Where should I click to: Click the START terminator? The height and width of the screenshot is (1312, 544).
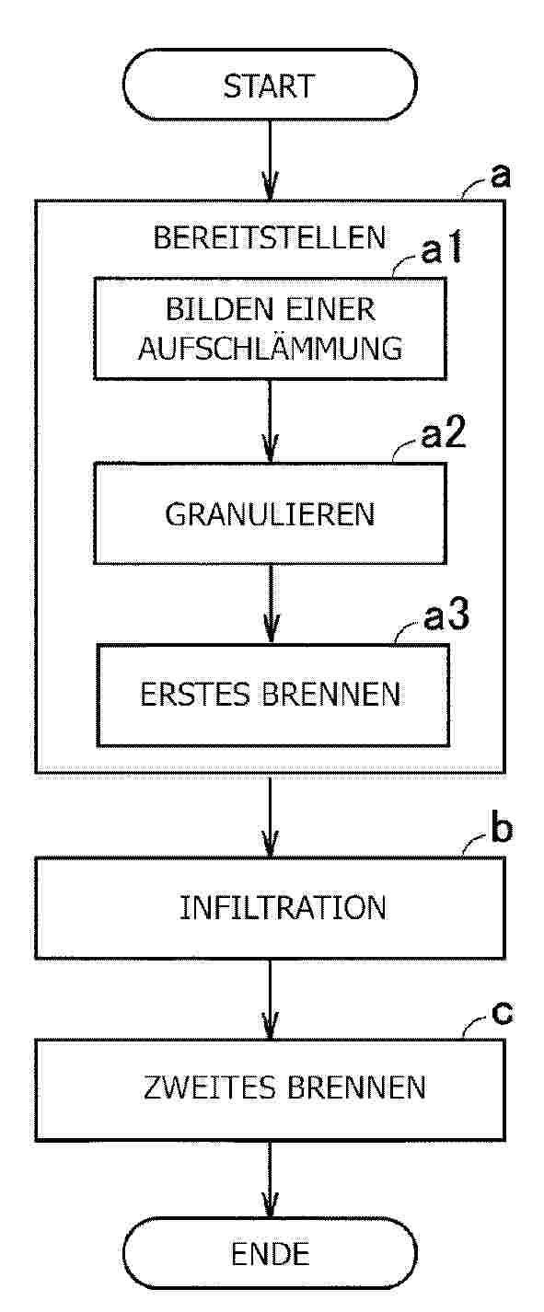click(270, 85)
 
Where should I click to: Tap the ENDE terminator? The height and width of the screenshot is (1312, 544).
click(270, 1254)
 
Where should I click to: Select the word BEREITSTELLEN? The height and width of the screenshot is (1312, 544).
click(270, 237)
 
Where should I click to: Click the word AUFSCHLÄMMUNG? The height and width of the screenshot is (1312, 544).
click(271, 348)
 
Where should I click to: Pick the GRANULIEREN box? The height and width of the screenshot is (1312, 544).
click(271, 513)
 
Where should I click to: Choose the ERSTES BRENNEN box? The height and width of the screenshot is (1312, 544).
click(273, 696)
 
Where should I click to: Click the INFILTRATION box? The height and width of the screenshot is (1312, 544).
click(271, 908)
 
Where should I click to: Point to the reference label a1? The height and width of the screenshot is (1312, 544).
click(442, 250)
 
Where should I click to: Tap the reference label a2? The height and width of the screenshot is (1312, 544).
click(444, 434)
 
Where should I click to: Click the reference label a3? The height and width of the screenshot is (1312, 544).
click(446, 616)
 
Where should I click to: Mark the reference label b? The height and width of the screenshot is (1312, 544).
click(502, 829)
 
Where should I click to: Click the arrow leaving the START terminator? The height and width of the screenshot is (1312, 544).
click(270, 160)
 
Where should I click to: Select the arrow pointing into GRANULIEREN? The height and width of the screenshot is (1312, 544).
click(270, 421)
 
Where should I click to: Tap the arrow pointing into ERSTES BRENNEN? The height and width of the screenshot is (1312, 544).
click(271, 604)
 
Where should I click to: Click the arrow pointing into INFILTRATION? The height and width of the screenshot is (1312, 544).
click(270, 816)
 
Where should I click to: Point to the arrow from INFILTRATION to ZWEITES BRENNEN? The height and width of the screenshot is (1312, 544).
click(270, 999)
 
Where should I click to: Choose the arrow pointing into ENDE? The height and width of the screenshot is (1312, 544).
click(270, 1180)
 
